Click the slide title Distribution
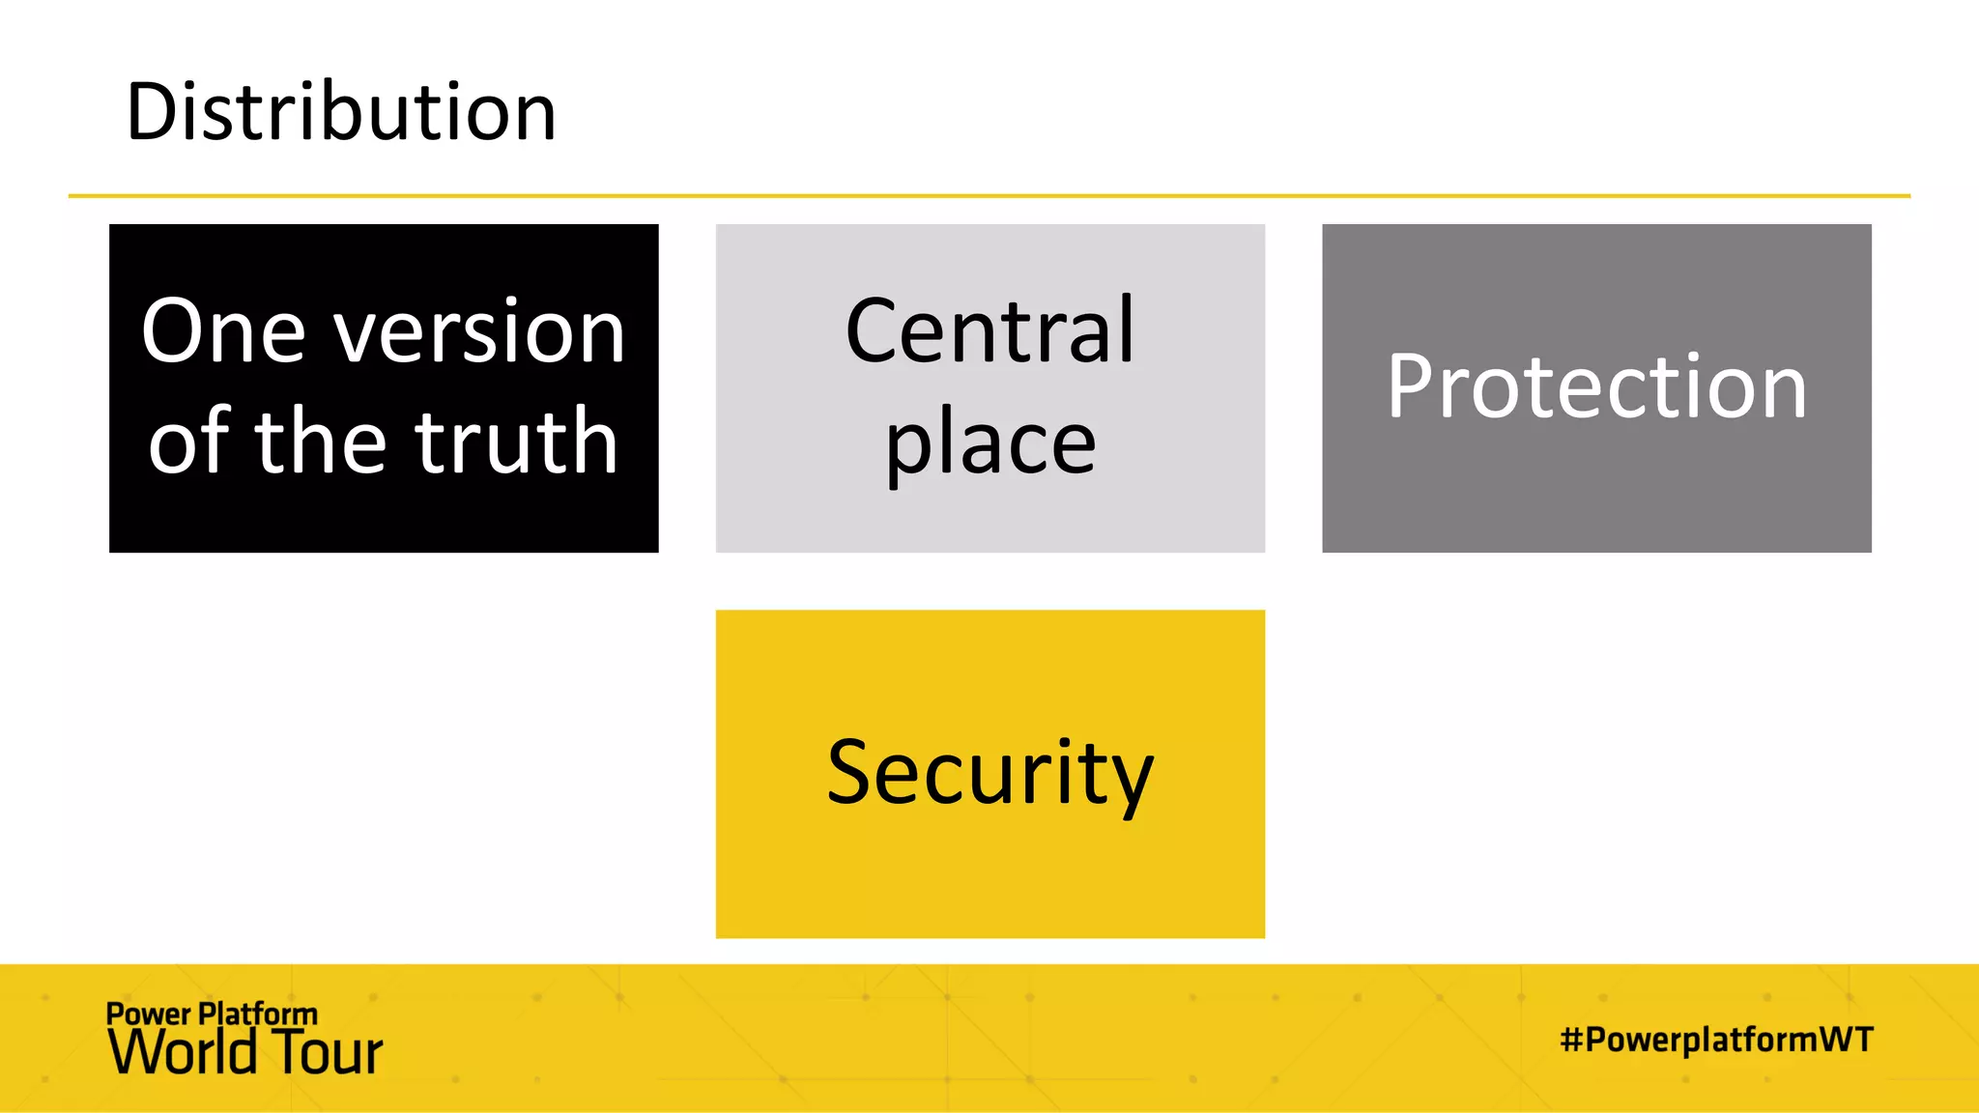click(341, 111)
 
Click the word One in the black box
click(224, 330)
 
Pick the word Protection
click(1596, 385)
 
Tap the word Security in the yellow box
click(989, 775)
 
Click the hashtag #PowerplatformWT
click(1716, 1040)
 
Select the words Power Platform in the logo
click(212, 1013)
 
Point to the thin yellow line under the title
click(989, 196)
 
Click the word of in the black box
click(189, 440)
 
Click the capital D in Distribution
click(153, 112)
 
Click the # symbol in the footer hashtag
click(1571, 1040)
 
